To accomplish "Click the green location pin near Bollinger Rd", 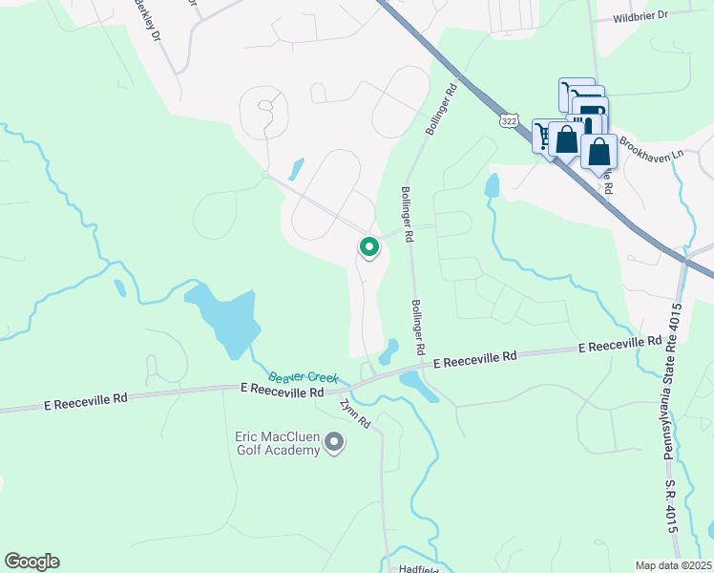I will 369,247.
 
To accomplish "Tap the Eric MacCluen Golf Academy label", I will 277,443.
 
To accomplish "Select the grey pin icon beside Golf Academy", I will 334,442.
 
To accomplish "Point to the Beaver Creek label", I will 304,377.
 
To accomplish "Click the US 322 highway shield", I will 509,121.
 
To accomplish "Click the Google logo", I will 31,562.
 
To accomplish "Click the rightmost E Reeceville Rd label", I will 620,343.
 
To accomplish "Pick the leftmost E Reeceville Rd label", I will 85,404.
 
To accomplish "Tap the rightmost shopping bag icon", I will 598,152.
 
